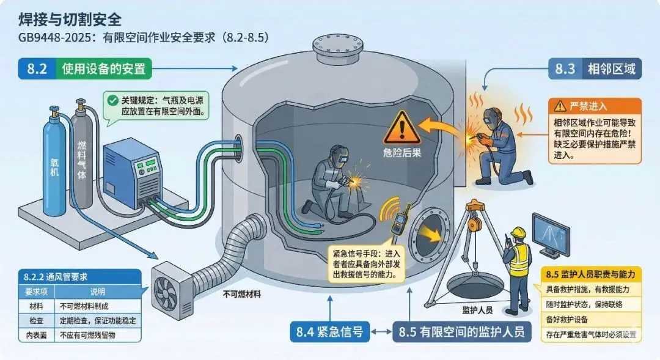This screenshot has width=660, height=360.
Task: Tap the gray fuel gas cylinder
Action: tap(81, 153)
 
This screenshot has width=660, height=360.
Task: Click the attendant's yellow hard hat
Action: tap(518, 232)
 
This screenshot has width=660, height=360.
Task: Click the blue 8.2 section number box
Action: tap(36, 68)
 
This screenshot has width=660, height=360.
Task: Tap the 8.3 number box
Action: tap(565, 68)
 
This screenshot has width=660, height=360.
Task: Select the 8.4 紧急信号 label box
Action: tap(329, 332)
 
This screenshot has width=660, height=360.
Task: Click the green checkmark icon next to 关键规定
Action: tap(112, 100)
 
